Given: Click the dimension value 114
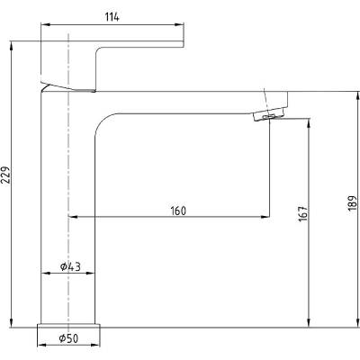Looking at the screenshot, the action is pyautogui.click(x=112, y=17).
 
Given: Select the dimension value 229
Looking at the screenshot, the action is pyautogui.click(x=6, y=175).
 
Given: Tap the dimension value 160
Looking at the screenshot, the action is pyautogui.click(x=178, y=211).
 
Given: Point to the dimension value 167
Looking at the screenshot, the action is pyautogui.click(x=303, y=213).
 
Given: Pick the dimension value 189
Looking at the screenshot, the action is pyautogui.click(x=353, y=202).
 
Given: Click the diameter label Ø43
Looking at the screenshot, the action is pyautogui.click(x=70, y=266).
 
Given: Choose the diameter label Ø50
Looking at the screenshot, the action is pyautogui.click(x=68, y=338).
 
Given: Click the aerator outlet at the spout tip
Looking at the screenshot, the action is pyautogui.click(x=268, y=115).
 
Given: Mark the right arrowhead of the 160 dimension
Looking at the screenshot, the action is pyautogui.click(x=265, y=216).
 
